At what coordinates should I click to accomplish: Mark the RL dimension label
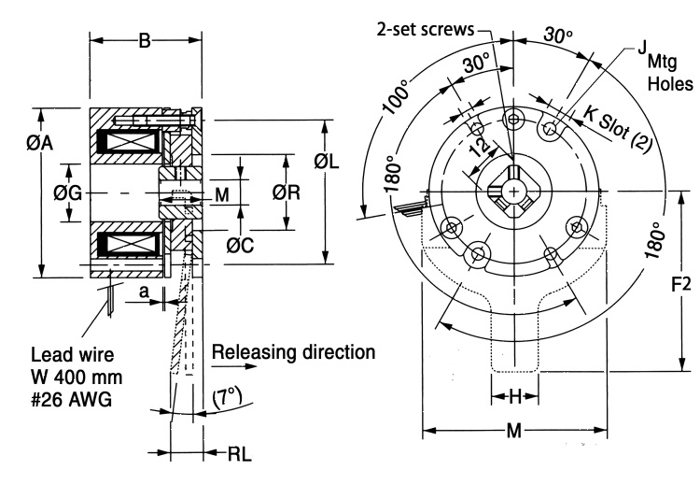click(239, 454)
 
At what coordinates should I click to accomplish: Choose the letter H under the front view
click(514, 396)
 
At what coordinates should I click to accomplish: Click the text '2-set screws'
click(424, 29)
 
